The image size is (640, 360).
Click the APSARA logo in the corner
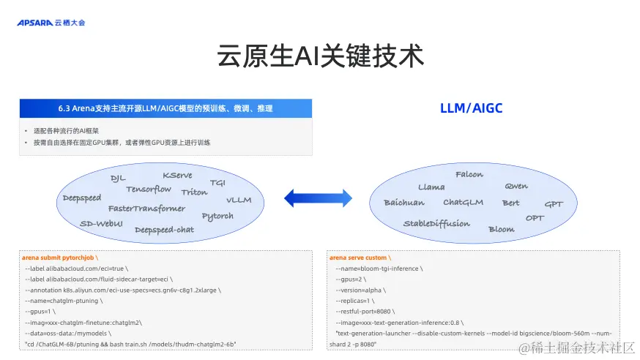tap(51, 23)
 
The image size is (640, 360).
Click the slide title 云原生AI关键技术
tap(320, 56)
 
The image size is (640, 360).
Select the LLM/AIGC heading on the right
tap(471, 108)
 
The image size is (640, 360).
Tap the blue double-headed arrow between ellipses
tap(319, 197)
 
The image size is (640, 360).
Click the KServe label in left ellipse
tap(178, 176)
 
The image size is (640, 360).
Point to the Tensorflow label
tap(149, 190)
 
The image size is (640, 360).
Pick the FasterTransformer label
tap(146, 209)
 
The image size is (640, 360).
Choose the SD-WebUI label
tap(101, 223)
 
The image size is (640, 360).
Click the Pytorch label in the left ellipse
tap(217, 216)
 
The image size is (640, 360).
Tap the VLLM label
tap(239, 200)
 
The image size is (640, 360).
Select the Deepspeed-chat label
tap(164, 230)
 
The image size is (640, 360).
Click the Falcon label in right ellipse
tap(469, 175)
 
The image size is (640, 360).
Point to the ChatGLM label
tap(463, 203)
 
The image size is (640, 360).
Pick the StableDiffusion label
tap(436, 224)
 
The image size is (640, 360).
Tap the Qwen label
tap(516, 187)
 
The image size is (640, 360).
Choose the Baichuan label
tap(403, 203)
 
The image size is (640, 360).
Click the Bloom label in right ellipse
tap(502, 230)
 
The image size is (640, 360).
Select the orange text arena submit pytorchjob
tap(59, 258)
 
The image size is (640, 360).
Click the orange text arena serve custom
tap(360, 258)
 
